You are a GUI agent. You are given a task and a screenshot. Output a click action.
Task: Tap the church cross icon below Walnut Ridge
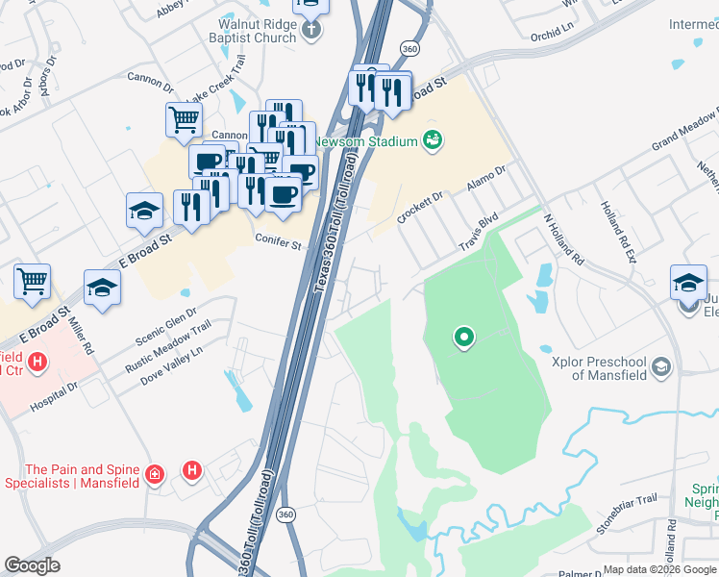click(x=310, y=31)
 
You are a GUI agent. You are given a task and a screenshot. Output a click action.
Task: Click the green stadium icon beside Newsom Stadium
click(x=433, y=140)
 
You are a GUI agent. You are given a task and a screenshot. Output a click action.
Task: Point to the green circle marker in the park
click(x=464, y=337)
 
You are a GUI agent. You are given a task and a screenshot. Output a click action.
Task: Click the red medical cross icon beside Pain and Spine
click(x=155, y=474)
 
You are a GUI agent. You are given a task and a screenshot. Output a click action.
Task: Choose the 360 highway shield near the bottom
click(x=286, y=515)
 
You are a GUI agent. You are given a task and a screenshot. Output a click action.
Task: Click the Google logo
click(x=33, y=565)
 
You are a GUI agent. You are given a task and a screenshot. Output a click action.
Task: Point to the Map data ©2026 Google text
click(x=659, y=569)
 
